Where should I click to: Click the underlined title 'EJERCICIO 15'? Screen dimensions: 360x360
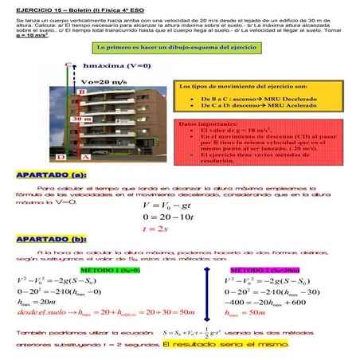tap(37, 6)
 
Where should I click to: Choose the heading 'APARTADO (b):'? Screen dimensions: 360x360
tap(51, 237)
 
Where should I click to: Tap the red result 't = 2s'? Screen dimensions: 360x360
tap(154, 229)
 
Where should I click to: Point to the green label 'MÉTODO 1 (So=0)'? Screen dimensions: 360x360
tap(111, 270)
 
